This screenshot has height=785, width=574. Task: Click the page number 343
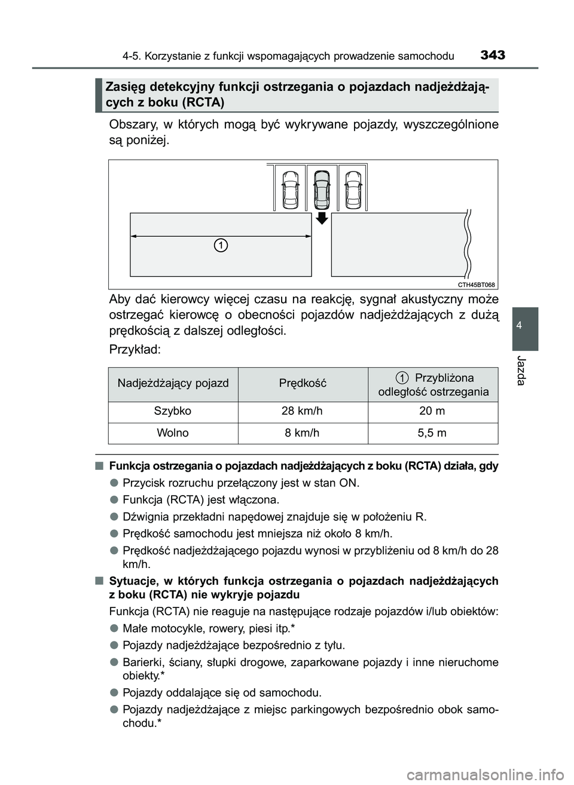pos(492,56)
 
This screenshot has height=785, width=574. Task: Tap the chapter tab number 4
pos(525,325)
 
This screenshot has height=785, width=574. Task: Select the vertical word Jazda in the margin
pos(525,370)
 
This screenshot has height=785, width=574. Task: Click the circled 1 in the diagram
pos(221,245)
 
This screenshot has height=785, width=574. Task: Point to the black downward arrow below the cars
pos(322,217)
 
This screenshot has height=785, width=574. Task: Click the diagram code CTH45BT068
pos(477,285)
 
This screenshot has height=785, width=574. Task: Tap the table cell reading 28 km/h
pos(303,411)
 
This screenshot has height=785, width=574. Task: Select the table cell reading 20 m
pos(432,411)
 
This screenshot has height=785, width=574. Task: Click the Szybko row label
pos(173,411)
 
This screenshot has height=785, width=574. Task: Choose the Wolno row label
pos(173,433)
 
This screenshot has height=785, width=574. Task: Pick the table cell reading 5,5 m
pos(432,433)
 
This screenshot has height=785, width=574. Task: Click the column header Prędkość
pos(303,383)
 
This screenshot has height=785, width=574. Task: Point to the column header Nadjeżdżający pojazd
pos(173,383)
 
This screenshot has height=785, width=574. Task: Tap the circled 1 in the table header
pos(402,378)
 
